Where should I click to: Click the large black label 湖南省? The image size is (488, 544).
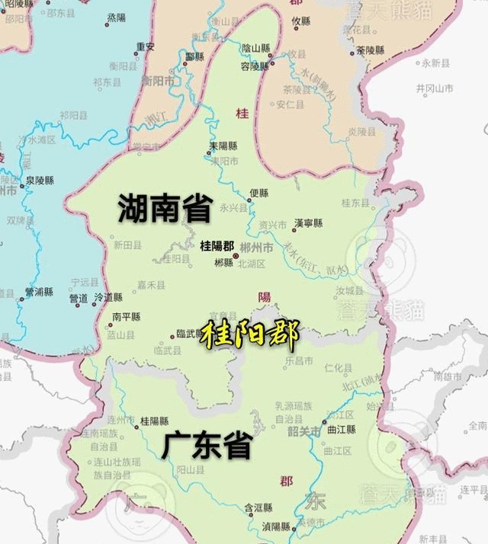[164, 209]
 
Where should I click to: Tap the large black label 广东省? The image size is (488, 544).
[206, 446]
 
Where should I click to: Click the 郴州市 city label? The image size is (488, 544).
[255, 247]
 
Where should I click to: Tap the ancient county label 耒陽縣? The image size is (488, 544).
[223, 146]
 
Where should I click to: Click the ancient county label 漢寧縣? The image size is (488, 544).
[309, 223]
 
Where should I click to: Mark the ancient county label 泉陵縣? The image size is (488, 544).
[40, 181]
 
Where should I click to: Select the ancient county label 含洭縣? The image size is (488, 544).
[258, 507]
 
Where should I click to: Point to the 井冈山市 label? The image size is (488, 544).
[435, 89]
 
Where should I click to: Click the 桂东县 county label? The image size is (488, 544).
[355, 203]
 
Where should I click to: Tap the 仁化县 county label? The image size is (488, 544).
[339, 368]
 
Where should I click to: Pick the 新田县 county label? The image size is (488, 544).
[127, 245]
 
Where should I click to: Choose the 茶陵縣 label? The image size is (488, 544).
[371, 50]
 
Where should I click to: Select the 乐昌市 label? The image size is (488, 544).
[299, 359]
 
